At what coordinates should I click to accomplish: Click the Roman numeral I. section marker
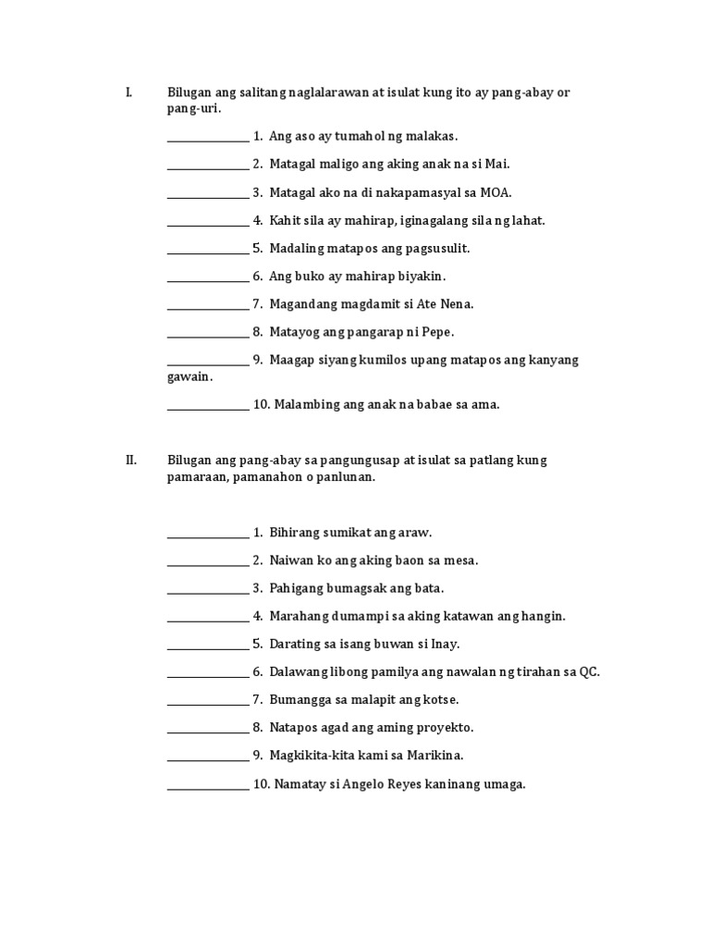[x=129, y=92]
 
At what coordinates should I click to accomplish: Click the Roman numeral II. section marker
[x=131, y=460]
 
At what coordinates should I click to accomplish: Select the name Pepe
[x=437, y=331]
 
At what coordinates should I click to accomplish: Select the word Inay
[x=443, y=644]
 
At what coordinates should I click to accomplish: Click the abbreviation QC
[x=589, y=671]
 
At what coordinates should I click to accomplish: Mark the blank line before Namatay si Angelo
[x=208, y=789]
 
